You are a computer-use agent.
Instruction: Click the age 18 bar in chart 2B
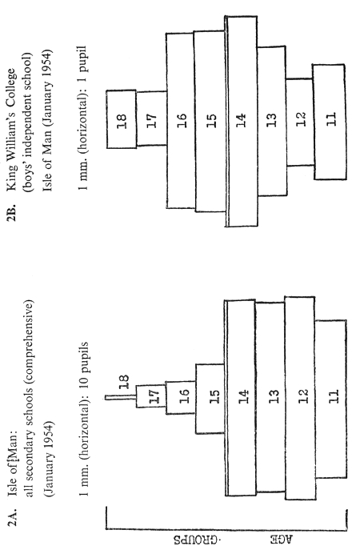click(x=121, y=119)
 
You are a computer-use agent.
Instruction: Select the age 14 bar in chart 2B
click(x=241, y=121)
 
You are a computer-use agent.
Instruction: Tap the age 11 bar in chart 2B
click(x=330, y=122)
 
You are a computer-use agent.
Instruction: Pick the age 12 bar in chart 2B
click(x=300, y=122)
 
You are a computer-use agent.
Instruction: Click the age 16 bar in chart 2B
click(x=180, y=121)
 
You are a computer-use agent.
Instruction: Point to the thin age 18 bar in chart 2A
click(x=121, y=397)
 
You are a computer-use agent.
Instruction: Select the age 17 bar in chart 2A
click(x=151, y=396)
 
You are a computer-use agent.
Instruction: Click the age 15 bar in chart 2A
click(x=210, y=399)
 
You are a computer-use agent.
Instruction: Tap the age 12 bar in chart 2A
click(x=300, y=398)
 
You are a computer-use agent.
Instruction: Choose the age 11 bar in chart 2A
click(x=330, y=399)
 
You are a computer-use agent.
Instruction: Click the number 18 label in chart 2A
click(x=124, y=382)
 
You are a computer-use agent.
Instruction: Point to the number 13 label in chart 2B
click(x=271, y=120)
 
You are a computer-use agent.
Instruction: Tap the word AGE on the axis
click(x=282, y=540)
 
